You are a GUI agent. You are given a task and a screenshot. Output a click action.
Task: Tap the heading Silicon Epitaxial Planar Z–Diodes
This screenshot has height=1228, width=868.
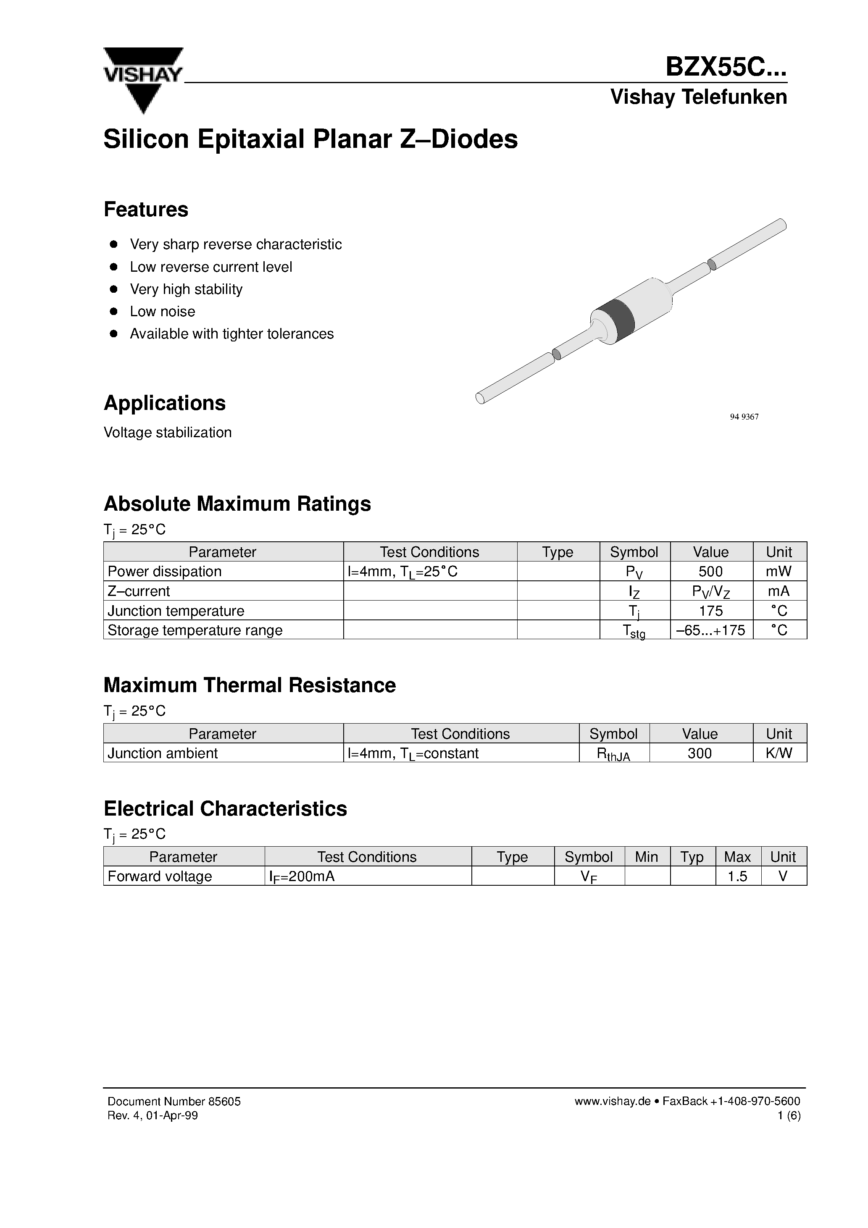(310, 139)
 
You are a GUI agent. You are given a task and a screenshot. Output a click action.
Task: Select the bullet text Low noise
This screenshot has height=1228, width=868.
(162, 311)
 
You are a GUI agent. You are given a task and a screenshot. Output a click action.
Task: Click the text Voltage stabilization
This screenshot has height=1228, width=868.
(168, 432)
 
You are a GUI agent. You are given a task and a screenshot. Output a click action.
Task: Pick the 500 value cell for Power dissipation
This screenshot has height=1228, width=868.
(711, 571)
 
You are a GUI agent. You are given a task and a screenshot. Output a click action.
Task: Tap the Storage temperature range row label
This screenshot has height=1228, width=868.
(195, 630)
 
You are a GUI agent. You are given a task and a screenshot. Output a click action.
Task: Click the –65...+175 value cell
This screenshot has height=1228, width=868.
(711, 630)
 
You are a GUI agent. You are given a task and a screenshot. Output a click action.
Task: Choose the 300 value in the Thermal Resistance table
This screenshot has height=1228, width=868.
(700, 753)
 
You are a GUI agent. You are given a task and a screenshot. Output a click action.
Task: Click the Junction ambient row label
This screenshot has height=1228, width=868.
(163, 753)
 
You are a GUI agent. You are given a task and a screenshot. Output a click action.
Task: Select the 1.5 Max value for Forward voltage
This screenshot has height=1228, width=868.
(737, 876)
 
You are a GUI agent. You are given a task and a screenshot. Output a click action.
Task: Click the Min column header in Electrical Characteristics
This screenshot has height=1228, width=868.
(647, 857)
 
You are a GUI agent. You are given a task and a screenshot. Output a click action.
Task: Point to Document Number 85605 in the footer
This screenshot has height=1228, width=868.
(174, 1101)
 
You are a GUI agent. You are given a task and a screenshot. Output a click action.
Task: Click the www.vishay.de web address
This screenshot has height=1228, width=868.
(612, 1101)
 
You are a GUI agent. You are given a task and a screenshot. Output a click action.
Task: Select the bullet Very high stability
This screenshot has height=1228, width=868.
(186, 289)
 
